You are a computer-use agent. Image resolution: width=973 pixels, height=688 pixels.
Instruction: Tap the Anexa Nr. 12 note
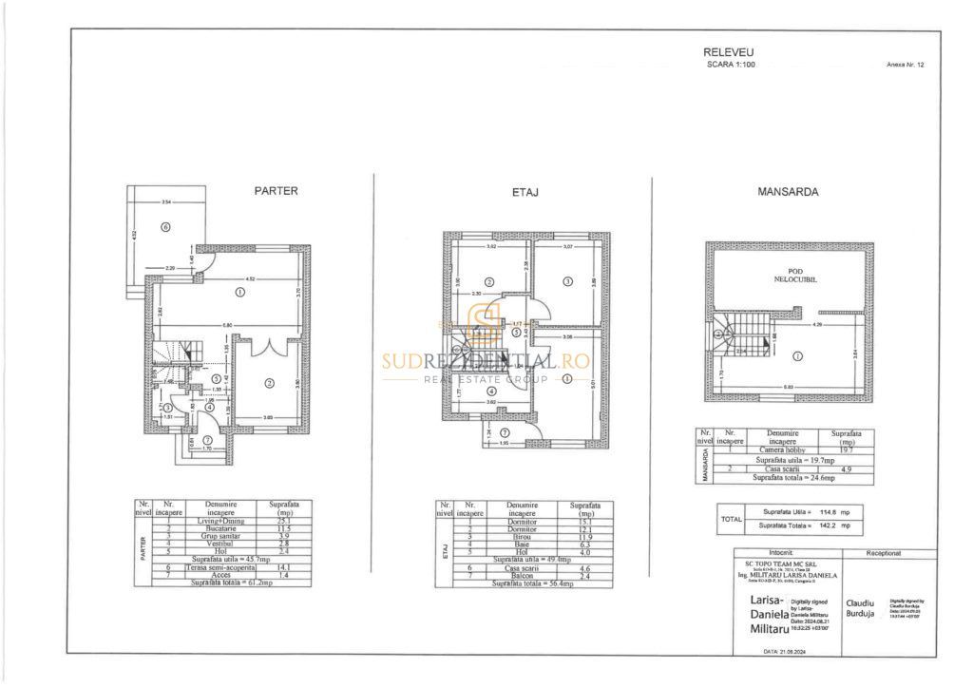pyautogui.click(x=904, y=66)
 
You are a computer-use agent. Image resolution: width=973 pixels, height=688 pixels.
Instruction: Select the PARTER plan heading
pyautogui.click(x=276, y=190)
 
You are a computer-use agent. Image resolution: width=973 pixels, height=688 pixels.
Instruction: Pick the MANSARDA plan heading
pyautogui.click(x=788, y=191)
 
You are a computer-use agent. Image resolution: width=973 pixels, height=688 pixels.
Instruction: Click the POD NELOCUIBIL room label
pyautogui.click(x=790, y=276)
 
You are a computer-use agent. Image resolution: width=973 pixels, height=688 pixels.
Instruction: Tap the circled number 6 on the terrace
pyautogui.click(x=165, y=227)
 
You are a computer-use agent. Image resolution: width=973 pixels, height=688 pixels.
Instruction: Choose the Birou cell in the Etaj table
pyautogui.click(x=523, y=536)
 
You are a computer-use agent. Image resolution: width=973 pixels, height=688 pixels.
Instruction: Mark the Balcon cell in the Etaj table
pyautogui.click(x=523, y=576)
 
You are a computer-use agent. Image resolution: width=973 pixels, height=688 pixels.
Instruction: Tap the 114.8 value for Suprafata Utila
pyautogui.click(x=832, y=511)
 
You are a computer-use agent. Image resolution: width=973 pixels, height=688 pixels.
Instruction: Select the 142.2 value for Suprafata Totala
pyautogui.click(x=832, y=525)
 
